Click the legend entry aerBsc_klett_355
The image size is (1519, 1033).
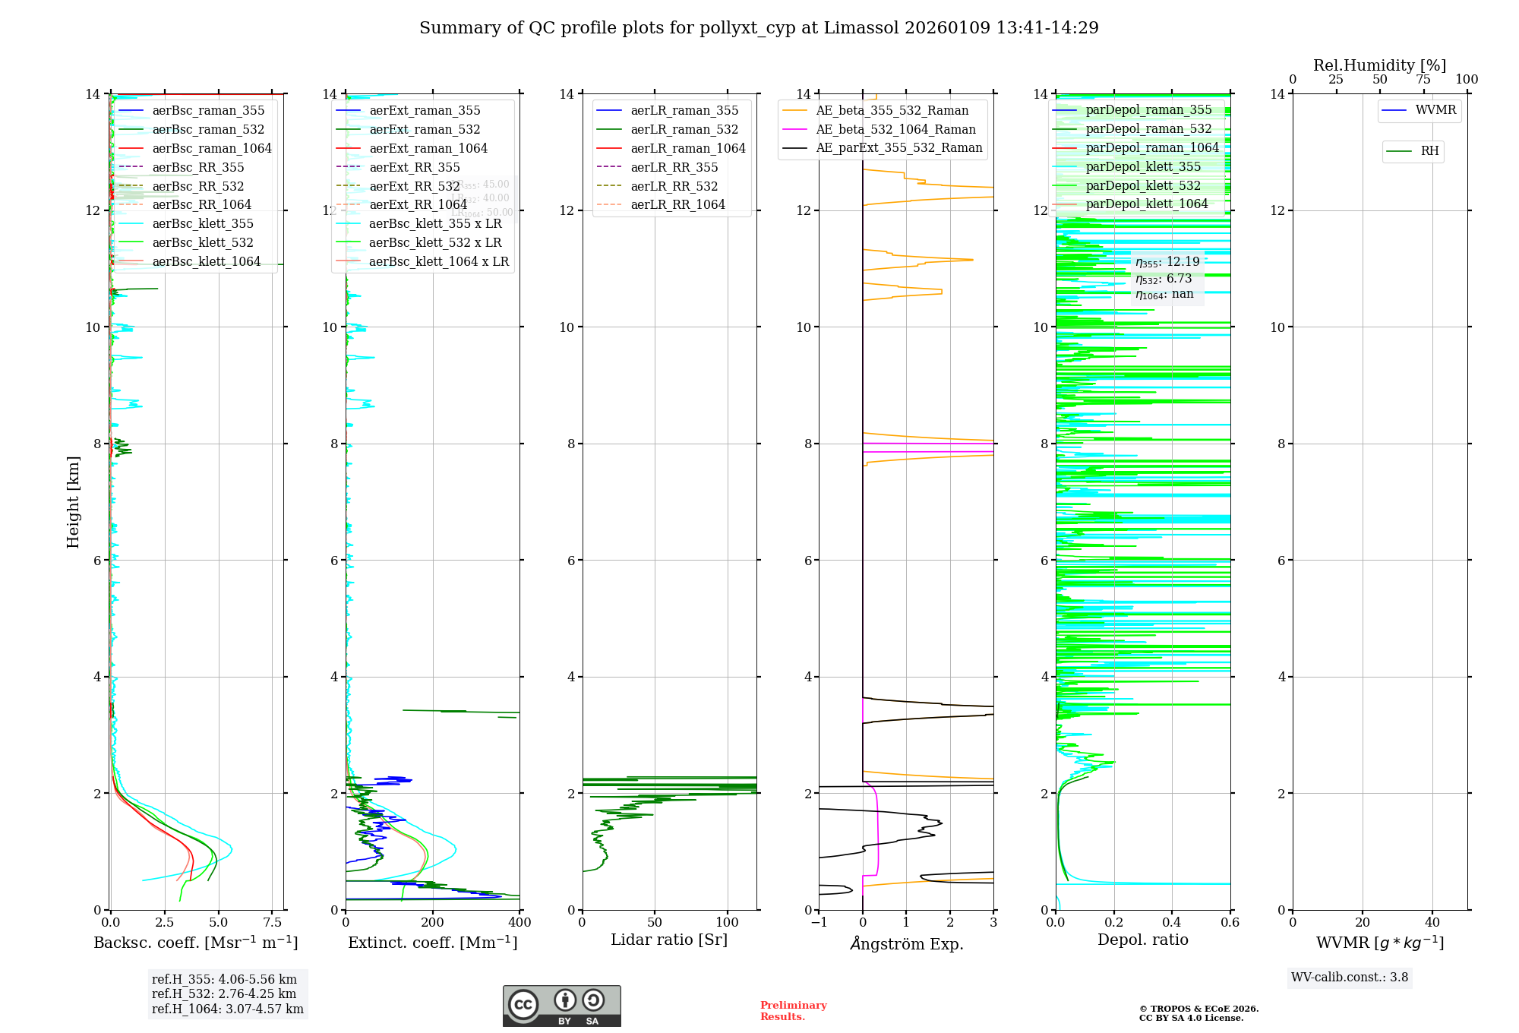(203, 224)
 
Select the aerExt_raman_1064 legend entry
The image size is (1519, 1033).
(428, 149)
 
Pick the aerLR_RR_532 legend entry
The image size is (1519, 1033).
(674, 187)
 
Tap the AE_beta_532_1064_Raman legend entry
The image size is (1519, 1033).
(895, 130)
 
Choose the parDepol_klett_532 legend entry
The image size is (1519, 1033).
(1143, 186)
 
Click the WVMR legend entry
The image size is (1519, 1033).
(1435, 111)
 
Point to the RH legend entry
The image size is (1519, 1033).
(1429, 151)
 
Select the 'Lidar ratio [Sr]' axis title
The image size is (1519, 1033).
(668, 940)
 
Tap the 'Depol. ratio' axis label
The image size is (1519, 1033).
(1142, 940)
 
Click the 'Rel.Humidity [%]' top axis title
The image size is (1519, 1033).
(1379, 66)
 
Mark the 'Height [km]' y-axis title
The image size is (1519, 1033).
(74, 502)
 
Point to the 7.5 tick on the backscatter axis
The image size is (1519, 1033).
(273, 923)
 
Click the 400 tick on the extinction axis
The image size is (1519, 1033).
(519, 923)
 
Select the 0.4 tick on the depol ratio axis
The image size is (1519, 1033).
(1172, 923)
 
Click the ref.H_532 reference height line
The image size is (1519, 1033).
(224, 994)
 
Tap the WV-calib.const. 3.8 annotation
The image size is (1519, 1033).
(1350, 978)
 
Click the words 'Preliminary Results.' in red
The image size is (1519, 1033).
(793, 1011)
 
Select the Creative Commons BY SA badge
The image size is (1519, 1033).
(561, 1006)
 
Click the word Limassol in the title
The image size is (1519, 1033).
(863, 28)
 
